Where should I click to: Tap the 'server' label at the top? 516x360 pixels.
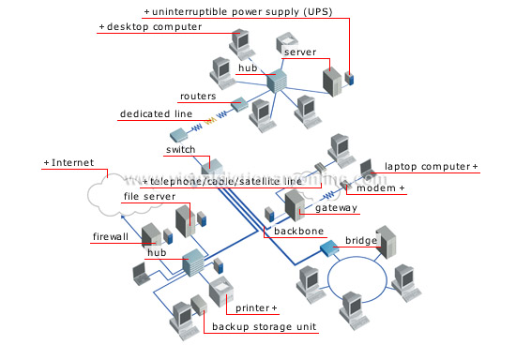click(299, 52)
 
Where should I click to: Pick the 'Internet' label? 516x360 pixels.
click(70, 163)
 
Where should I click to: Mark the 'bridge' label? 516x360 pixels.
click(361, 241)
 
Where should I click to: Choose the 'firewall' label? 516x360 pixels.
click(111, 236)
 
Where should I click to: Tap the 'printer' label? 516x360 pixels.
click(254, 307)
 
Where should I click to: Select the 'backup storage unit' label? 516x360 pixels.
click(264, 327)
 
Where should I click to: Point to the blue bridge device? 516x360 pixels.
click(330, 249)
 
